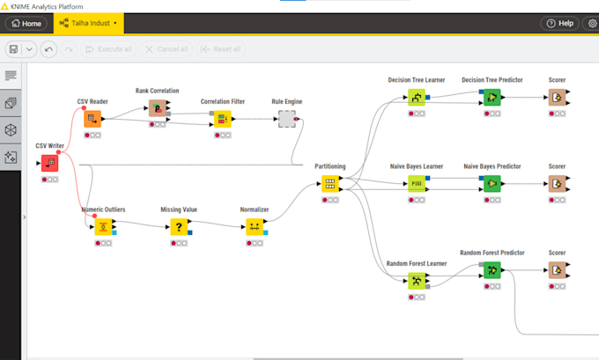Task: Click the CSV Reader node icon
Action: (x=92, y=120)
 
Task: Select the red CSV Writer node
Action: (x=49, y=163)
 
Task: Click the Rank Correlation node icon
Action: (x=157, y=108)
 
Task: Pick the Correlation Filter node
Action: (x=222, y=119)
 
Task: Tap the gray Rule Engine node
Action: (x=286, y=119)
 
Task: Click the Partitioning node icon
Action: (x=329, y=183)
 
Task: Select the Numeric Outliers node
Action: (x=103, y=227)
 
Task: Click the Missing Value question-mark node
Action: (x=178, y=227)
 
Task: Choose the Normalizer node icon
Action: (x=254, y=227)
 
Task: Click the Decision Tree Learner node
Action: (x=416, y=98)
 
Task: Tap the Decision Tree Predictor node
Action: (x=492, y=98)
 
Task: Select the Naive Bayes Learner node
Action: (x=416, y=184)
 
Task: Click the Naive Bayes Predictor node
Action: (x=492, y=184)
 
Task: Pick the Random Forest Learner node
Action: (x=416, y=281)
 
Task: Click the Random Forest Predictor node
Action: (x=492, y=270)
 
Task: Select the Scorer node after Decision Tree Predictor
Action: (x=557, y=98)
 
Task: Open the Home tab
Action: (x=26, y=23)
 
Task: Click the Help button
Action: (x=560, y=23)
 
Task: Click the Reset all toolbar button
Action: (x=220, y=49)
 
